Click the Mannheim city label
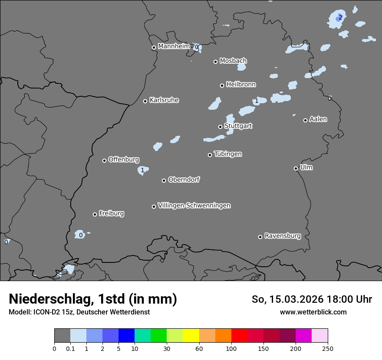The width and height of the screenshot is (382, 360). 174,46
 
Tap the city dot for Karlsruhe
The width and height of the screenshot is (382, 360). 145,101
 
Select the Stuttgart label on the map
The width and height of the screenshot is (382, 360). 238,126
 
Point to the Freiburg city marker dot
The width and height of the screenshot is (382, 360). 95,214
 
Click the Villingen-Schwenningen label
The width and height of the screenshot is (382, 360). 194,206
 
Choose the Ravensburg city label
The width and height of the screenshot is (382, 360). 282,236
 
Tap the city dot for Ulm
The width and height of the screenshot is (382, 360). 296,168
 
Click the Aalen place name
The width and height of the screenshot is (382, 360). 318,119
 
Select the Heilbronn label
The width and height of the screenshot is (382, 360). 241,85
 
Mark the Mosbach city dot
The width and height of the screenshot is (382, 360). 215,62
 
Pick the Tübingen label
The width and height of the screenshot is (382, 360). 228,154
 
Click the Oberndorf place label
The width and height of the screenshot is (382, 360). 184,180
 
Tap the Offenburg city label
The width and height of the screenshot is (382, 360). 124,160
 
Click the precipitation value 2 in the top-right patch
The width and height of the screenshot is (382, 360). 340,17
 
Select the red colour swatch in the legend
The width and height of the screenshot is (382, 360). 239,336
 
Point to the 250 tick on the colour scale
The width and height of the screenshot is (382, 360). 328,348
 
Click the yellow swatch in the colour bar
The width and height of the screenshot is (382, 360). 191,336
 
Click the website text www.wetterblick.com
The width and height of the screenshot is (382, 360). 313,312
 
